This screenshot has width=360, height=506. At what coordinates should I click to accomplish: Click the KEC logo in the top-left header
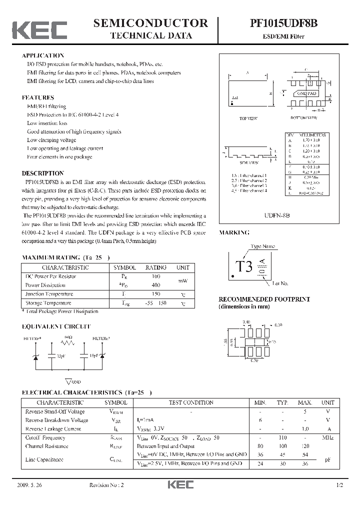coord(39,30)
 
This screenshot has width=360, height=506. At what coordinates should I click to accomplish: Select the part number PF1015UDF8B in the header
coord(284,23)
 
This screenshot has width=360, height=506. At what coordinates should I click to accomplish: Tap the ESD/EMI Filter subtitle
coord(284,36)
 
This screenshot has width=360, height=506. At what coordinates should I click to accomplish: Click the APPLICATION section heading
coord(43,55)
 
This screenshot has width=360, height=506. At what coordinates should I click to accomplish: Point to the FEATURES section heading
coord(38,97)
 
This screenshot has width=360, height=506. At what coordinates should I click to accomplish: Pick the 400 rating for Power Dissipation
coord(155,285)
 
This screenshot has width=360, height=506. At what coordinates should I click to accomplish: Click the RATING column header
coord(155,267)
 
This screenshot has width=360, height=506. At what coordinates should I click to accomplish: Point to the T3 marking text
coord(244,266)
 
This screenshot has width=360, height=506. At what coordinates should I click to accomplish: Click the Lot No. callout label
coord(280,283)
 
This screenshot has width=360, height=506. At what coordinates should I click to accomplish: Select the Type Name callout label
coord(263,246)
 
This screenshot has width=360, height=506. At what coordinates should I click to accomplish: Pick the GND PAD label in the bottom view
coord(307,93)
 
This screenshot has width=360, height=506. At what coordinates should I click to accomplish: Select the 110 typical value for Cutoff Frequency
coord(283,437)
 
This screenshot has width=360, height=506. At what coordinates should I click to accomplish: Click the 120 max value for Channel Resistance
coord(304,446)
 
